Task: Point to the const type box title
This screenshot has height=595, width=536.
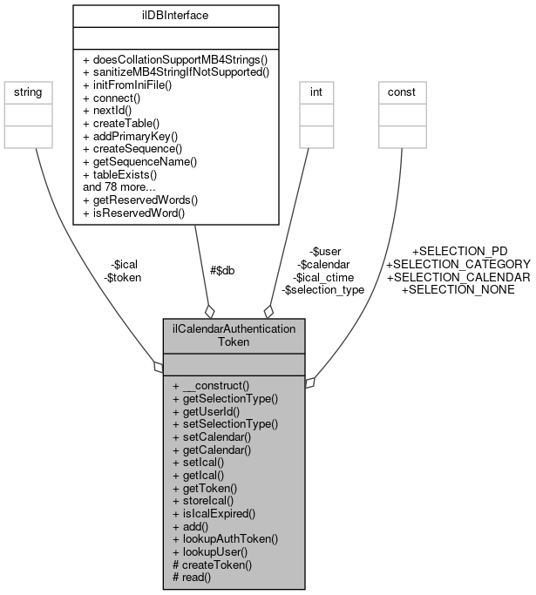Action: pyautogui.click(x=402, y=91)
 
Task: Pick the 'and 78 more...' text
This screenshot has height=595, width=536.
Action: pyautogui.click(x=120, y=186)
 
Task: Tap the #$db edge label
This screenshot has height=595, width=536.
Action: pyautogui.click(x=222, y=270)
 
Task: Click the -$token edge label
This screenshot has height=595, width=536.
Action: pyautogui.click(x=122, y=277)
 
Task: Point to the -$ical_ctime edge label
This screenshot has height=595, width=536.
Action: pyautogui.click(x=323, y=276)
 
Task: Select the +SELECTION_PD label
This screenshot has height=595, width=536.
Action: pyautogui.click(x=459, y=251)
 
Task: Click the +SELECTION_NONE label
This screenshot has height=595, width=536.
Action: pyautogui.click(x=457, y=289)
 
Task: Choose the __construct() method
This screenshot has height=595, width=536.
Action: pyautogui.click(x=211, y=385)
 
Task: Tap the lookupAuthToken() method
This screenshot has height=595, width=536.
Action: pyautogui.click(x=225, y=539)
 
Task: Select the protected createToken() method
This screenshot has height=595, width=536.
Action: pyautogui.click(x=212, y=565)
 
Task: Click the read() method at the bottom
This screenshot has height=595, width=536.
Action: pyautogui.click(x=193, y=577)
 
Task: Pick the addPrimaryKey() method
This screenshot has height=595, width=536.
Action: pyautogui.click(x=130, y=137)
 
